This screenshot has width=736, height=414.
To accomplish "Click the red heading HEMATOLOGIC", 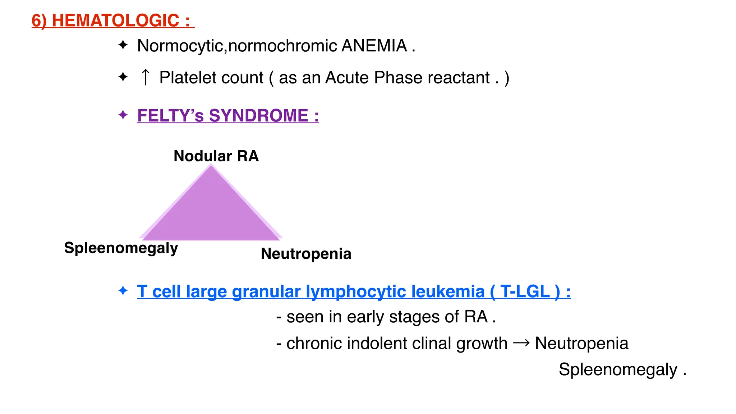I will pyautogui.click(x=115, y=20).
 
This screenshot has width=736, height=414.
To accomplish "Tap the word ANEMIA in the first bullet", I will pyautogui.click(x=374, y=46).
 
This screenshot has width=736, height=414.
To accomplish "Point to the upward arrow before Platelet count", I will pyautogui.click(x=146, y=77).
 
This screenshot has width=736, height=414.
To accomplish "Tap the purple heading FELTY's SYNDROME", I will pyautogui.click(x=228, y=116).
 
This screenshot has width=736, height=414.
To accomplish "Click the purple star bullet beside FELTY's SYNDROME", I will pyautogui.click(x=123, y=115).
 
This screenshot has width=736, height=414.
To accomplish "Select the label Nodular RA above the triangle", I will pyautogui.click(x=216, y=156).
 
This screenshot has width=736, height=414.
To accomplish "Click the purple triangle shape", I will pyautogui.click(x=211, y=212).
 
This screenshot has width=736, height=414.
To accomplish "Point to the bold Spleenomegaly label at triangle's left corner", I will pyautogui.click(x=121, y=248).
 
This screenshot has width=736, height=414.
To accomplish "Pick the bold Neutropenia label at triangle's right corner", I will pyautogui.click(x=306, y=254).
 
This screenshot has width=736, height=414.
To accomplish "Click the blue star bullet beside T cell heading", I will pyautogui.click(x=123, y=290).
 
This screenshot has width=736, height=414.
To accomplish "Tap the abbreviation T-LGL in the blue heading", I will pyautogui.click(x=525, y=291).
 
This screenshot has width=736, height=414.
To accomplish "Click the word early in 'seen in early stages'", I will pyautogui.click(x=365, y=317).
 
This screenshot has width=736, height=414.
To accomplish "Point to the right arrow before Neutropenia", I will pyautogui.click(x=521, y=343).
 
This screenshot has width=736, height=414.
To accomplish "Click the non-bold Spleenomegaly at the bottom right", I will pyautogui.click(x=618, y=369).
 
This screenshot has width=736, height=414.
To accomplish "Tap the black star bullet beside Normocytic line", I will pyautogui.click(x=123, y=45).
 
